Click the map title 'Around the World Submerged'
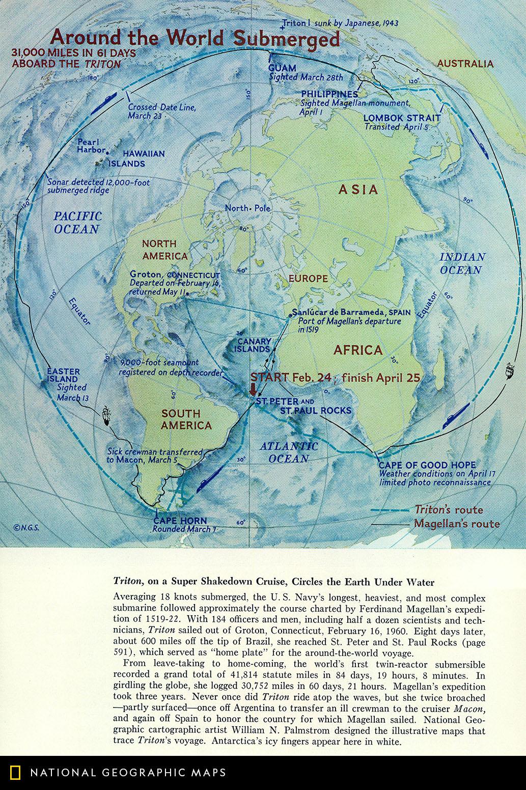195,39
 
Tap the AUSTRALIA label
465,64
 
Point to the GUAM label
282,68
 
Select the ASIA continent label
358,189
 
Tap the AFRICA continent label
357,350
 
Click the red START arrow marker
253,390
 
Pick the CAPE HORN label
180,521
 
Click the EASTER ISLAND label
63,375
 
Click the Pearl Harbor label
90,146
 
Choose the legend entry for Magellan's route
456,524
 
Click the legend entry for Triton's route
448,509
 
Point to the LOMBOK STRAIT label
402,118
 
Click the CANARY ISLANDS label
252,345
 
